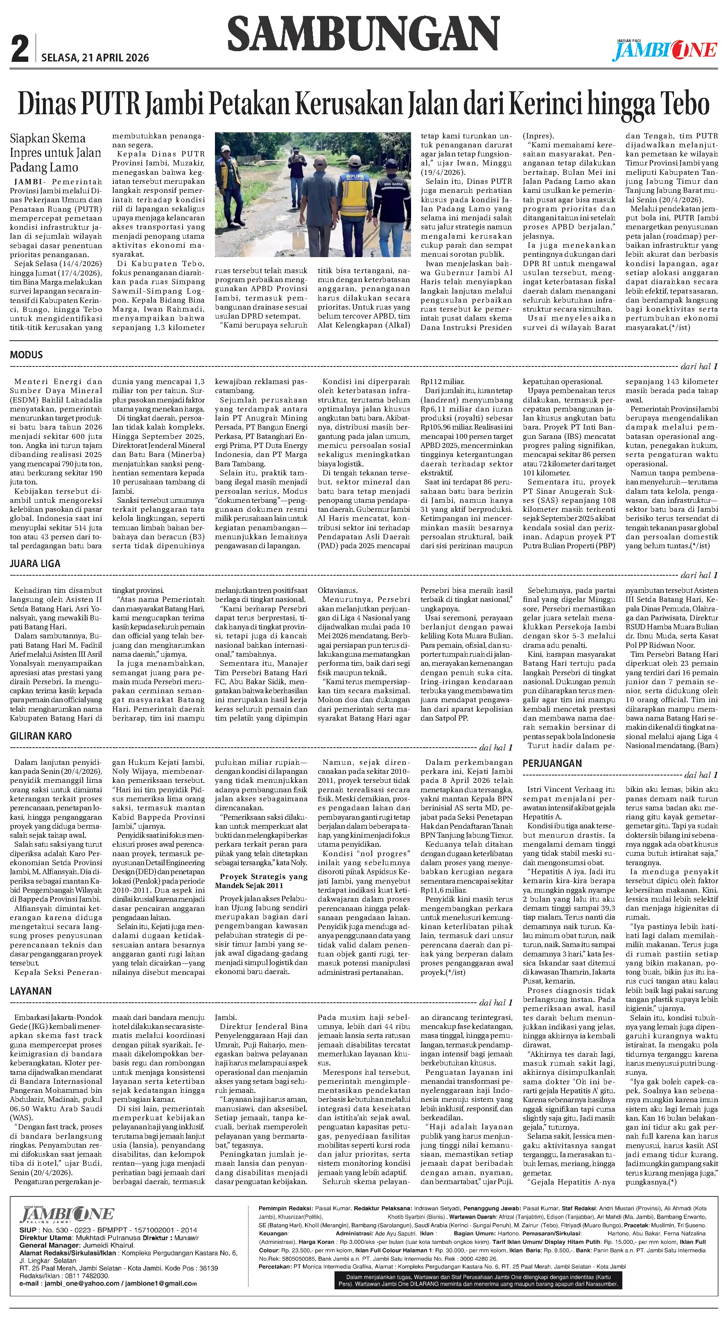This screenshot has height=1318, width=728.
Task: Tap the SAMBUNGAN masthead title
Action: tap(363, 33)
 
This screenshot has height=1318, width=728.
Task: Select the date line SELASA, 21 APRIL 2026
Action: tap(95, 58)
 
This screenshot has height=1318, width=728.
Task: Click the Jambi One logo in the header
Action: tap(665, 50)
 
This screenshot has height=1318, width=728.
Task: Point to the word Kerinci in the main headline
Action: tap(552, 104)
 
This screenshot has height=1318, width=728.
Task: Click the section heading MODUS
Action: tap(26, 355)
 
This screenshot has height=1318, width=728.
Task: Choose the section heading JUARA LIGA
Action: tap(35, 563)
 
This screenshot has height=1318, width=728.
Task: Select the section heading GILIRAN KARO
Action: tap(41, 736)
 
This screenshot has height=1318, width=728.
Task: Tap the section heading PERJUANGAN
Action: tap(552, 763)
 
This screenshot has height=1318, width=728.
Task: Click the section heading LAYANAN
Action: tap(31, 1005)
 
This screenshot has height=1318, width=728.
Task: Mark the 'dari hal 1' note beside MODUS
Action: tap(699, 366)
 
